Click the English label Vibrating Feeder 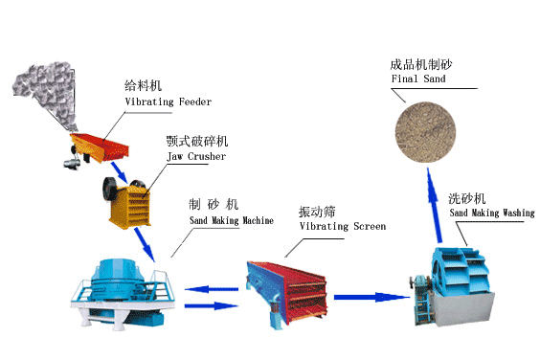(x=168, y=101)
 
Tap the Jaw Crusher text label (x=195, y=156)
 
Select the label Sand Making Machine (x=231, y=220)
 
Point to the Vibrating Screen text (x=342, y=226)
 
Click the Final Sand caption (x=418, y=79)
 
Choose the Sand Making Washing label (x=490, y=214)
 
